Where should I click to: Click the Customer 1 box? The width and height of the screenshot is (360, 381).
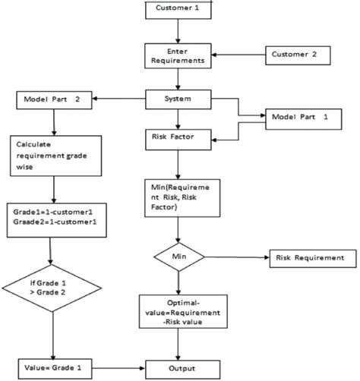[x=178, y=10]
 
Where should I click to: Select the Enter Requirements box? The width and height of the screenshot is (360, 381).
[x=177, y=55]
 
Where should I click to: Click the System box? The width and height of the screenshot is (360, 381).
[x=178, y=99]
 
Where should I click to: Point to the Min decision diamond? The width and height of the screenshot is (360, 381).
[x=178, y=258]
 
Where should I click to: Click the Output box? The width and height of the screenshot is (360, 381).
[x=178, y=367]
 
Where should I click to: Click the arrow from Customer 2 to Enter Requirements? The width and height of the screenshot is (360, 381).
[x=237, y=55]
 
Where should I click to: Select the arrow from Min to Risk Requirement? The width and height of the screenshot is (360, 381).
[x=235, y=258]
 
